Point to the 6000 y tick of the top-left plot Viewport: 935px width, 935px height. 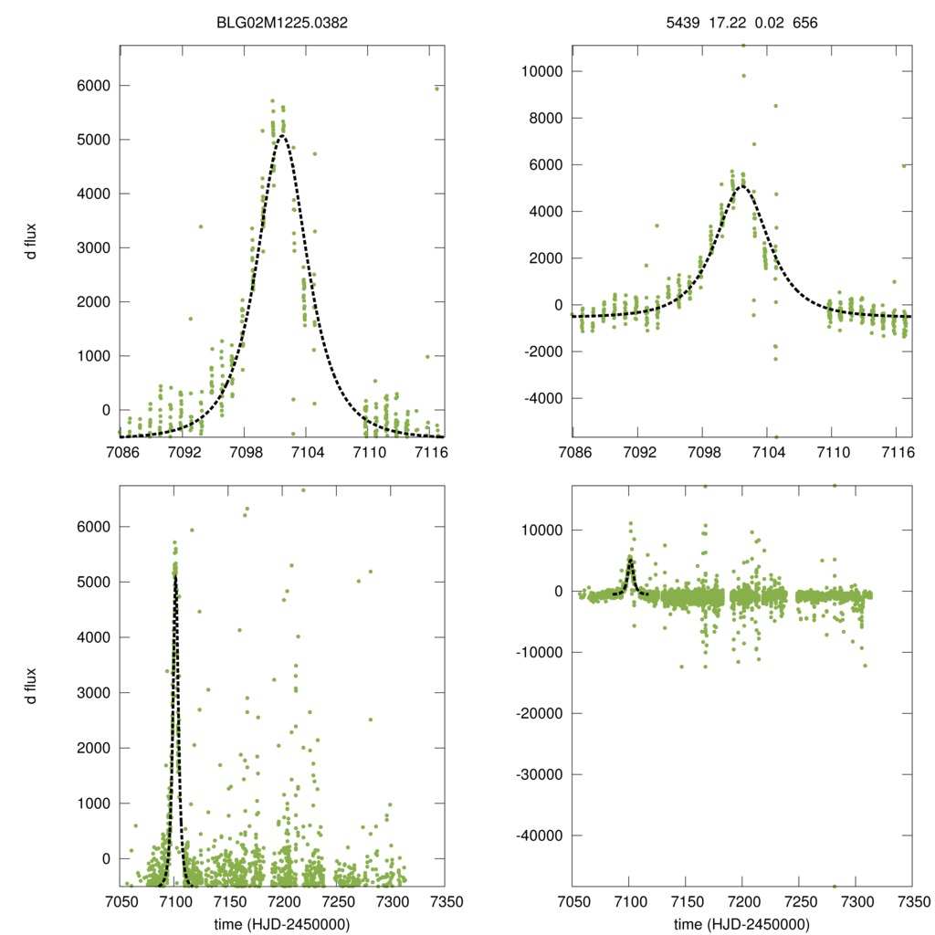[x=95, y=86]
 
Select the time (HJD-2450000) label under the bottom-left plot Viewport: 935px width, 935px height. [x=281, y=923]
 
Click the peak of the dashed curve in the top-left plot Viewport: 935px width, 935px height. [x=282, y=136]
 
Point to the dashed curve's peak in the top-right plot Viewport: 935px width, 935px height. [x=742, y=186]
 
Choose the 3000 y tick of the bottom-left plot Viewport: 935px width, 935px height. [x=95, y=692]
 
